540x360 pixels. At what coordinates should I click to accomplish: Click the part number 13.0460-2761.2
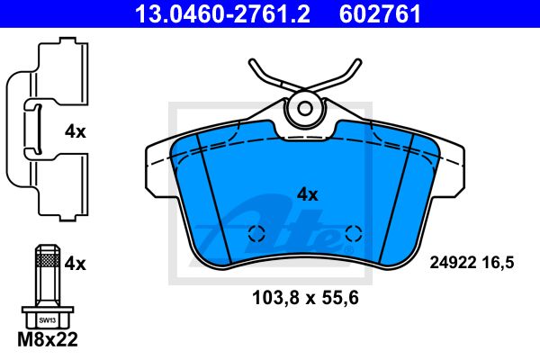[222, 13]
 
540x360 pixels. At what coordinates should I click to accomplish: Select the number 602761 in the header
[380, 13]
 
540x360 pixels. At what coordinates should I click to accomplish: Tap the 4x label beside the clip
[75, 132]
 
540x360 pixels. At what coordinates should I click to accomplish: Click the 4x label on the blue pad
[308, 195]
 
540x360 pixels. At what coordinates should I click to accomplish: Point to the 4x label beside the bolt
[75, 265]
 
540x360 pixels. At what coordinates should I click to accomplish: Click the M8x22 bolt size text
[48, 339]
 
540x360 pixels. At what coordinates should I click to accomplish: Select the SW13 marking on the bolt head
[47, 320]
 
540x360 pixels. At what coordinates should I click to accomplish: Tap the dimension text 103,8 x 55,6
[305, 298]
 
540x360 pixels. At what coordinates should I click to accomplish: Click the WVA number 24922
[453, 263]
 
